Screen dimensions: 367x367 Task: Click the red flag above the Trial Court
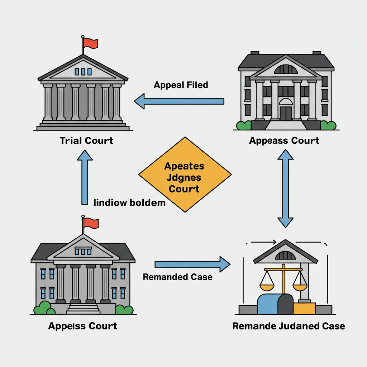[x=90, y=43]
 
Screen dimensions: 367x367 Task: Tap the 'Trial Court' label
[x=86, y=140]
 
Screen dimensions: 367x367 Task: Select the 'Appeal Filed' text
[x=181, y=85]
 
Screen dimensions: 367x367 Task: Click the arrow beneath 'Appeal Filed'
[x=179, y=101]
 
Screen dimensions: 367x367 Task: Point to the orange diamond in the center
[x=185, y=175]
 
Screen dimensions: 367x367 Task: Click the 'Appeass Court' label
[x=284, y=140]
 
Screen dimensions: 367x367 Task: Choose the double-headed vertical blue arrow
[x=286, y=188]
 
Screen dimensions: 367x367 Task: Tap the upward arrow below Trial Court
[x=85, y=177]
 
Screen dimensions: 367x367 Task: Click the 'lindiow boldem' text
[x=129, y=203]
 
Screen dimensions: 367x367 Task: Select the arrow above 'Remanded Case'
[x=192, y=264]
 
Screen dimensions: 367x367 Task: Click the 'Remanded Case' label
[x=177, y=277]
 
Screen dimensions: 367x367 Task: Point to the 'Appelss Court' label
[x=82, y=326]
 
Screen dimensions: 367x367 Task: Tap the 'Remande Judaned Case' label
[x=289, y=326]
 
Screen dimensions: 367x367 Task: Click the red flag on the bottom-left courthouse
[x=91, y=223]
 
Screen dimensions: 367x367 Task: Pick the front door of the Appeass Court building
[x=286, y=113]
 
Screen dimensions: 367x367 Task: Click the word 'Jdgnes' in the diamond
[x=184, y=177]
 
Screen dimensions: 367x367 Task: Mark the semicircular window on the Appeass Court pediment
[x=286, y=69]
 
